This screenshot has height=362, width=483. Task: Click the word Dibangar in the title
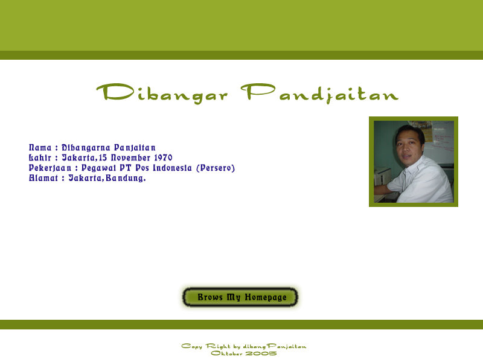click(162, 94)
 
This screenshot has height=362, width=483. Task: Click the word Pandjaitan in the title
click(320, 94)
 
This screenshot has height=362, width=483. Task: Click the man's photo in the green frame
click(414, 162)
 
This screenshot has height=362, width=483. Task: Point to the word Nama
click(40, 148)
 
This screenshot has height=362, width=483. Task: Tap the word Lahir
click(40, 157)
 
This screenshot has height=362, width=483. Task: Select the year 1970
click(163, 157)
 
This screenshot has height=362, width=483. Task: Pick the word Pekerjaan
click(50, 168)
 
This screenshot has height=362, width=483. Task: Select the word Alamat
click(43, 178)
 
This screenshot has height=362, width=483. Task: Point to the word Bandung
click(126, 178)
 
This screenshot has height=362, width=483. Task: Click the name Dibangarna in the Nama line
click(86, 148)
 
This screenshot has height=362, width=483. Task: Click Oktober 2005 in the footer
click(244, 354)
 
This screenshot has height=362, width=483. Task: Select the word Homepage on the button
click(266, 297)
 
